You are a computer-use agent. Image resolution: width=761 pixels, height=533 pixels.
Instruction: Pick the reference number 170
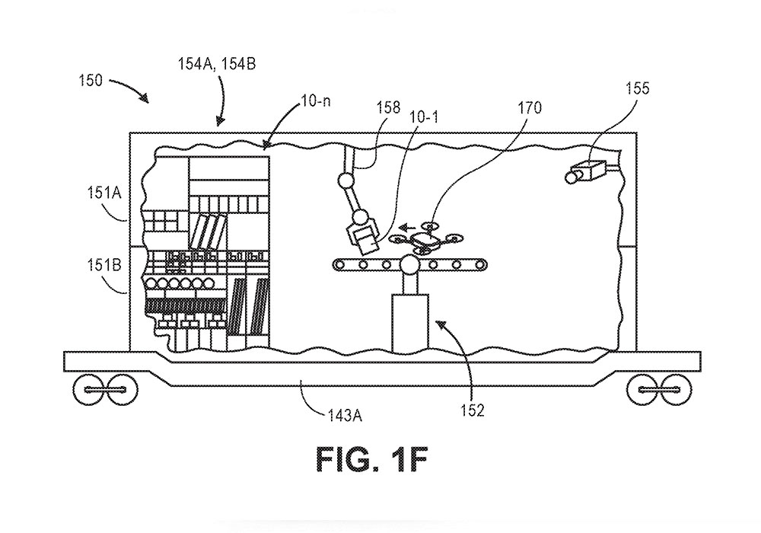pyautogui.click(x=530, y=108)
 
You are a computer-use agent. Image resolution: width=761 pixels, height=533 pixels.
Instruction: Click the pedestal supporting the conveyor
pyautogui.click(x=410, y=323)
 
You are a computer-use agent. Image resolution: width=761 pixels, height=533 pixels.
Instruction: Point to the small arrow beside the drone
pyautogui.click(x=410, y=226)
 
